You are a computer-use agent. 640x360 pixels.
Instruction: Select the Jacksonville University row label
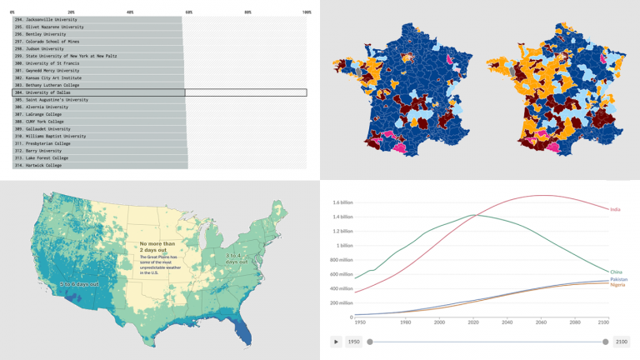52,19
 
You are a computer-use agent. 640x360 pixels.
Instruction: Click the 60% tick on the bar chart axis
189,12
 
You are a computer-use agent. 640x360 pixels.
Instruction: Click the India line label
615,209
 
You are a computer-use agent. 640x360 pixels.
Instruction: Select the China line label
616,272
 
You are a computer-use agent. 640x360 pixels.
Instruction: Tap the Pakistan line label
619,279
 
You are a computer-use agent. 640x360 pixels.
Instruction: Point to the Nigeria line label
618,286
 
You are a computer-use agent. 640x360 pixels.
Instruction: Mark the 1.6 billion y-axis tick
340,202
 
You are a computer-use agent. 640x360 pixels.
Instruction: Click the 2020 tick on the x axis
474,323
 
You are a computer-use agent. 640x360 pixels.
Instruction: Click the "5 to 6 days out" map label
79,284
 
